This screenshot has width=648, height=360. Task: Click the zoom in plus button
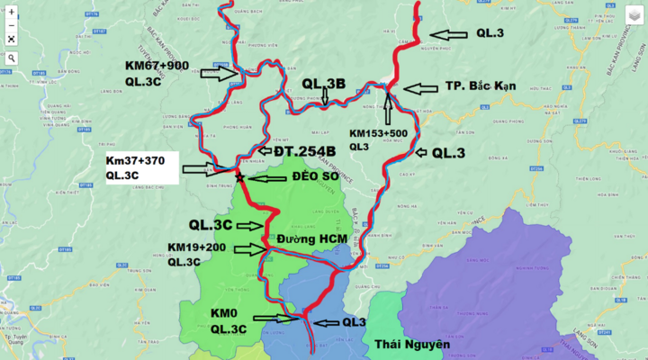(11, 13)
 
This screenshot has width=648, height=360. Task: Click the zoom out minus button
(11, 25)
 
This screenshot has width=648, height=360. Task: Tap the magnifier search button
(11, 58)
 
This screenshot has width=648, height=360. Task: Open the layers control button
(633, 14)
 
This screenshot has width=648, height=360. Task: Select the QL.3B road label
(324, 84)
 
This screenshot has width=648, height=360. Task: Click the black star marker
(239, 176)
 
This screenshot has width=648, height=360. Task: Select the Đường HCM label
(313, 238)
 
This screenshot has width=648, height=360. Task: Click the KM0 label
(224, 312)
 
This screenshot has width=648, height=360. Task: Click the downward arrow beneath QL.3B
(324, 96)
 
